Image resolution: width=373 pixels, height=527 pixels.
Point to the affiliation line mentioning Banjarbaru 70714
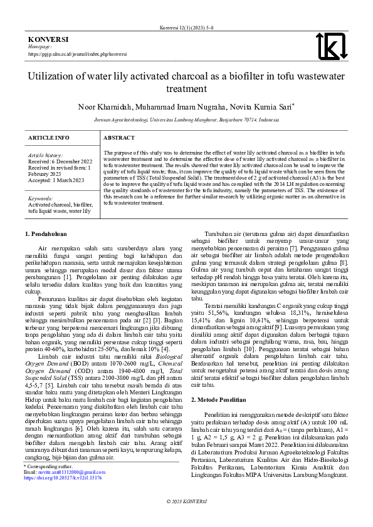[x=186, y=118]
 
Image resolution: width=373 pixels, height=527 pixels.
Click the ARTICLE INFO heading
[x=48, y=137]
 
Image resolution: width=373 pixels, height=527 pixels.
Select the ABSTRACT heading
[x=119, y=137]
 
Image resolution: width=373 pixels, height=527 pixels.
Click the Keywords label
[x=40, y=198]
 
